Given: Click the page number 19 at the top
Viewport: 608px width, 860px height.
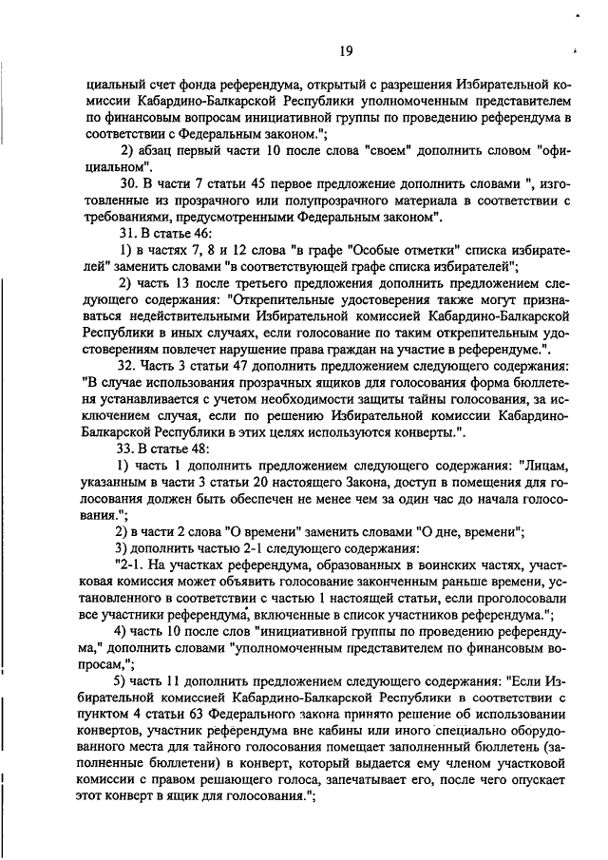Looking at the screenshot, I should (319, 51).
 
